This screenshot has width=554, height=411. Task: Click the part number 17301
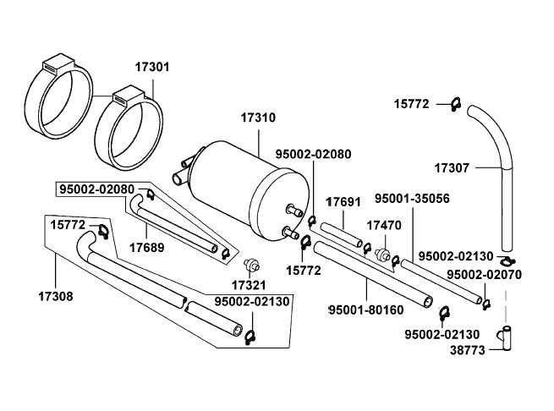[152, 67]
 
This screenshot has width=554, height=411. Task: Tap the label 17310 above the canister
[258, 118]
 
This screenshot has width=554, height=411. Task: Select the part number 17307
[452, 167]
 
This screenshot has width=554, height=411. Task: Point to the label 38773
[468, 350]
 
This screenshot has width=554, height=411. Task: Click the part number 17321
[249, 285]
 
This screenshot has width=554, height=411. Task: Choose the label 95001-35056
[412, 198]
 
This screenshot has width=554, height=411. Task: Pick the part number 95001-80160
[366, 310]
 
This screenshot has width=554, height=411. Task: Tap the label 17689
[147, 248]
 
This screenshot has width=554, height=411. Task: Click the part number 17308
[56, 296]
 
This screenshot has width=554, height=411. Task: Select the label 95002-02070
[484, 275]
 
